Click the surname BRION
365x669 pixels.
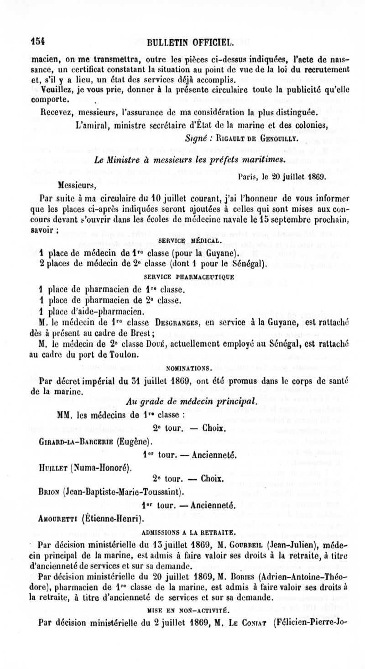coord(50,491)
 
